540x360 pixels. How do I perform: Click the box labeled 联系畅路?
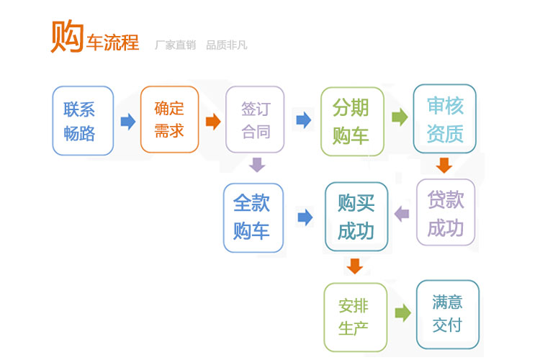(x=83, y=120)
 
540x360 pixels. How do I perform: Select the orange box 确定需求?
(x=169, y=120)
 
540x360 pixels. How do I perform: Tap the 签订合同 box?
(x=255, y=120)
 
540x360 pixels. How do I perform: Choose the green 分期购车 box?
(x=352, y=121)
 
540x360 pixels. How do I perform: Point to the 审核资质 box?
(x=445, y=119)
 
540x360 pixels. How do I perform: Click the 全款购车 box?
(x=253, y=217)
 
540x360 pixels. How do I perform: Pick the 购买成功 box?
(x=356, y=217)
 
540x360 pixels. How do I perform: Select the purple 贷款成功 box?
(x=446, y=212)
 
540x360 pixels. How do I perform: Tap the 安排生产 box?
(x=356, y=318)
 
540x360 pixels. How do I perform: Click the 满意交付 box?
(x=448, y=315)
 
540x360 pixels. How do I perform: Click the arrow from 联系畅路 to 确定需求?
(x=128, y=121)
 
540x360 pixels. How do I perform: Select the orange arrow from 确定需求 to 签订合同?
(x=213, y=121)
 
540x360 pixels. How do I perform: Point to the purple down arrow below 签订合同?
(x=257, y=165)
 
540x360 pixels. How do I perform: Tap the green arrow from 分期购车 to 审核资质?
(x=400, y=117)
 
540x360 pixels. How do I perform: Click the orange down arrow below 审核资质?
(x=444, y=166)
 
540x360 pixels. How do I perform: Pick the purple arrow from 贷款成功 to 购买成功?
(x=402, y=214)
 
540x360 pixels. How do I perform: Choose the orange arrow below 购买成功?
(x=355, y=266)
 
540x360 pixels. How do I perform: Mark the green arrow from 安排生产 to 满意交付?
(x=403, y=312)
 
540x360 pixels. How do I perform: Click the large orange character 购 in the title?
(x=68, y=36)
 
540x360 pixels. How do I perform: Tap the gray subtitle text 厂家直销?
(x=175, y=45)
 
